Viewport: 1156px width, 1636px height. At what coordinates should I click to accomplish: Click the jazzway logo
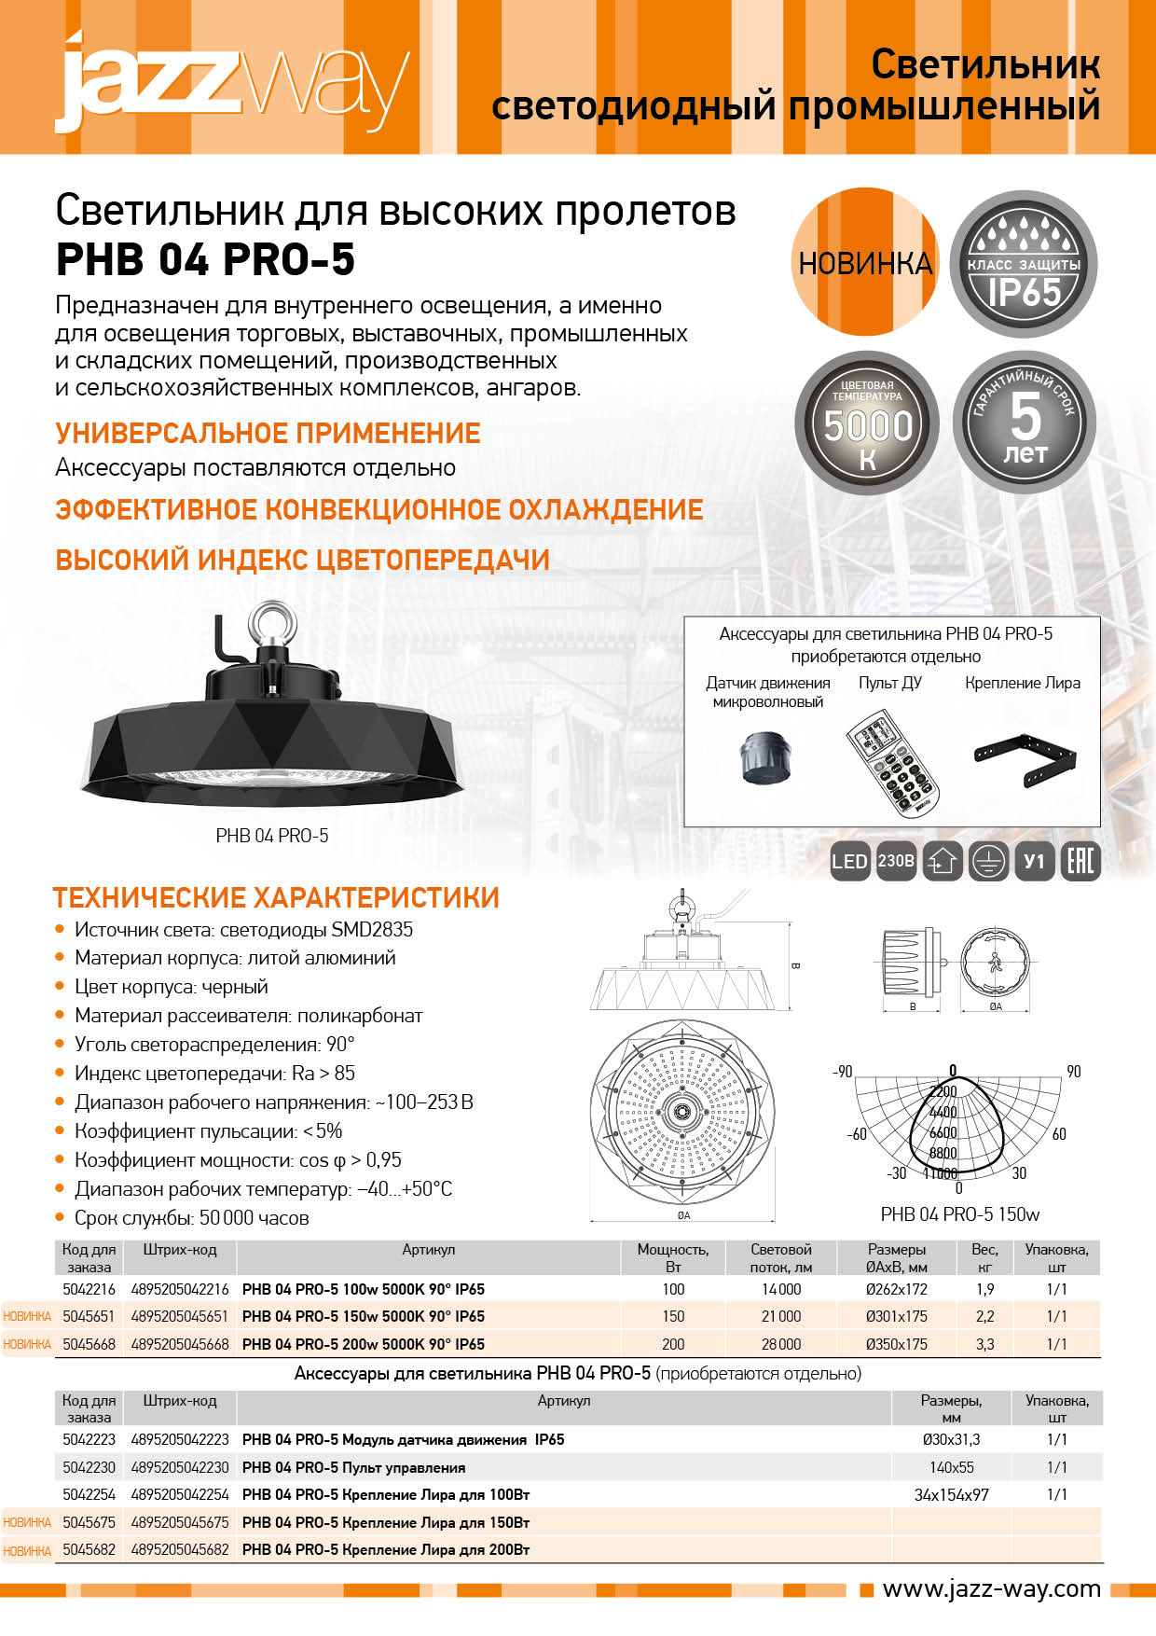233,82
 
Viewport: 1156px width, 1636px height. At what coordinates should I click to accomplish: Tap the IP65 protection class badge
1024,264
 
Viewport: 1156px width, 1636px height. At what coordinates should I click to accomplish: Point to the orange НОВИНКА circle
864,263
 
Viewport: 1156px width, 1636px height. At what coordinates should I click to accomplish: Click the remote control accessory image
893,758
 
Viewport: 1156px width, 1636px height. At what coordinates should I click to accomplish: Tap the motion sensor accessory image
765,756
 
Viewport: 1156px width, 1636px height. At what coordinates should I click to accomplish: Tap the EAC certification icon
1081,861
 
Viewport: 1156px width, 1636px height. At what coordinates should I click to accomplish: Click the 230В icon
896,861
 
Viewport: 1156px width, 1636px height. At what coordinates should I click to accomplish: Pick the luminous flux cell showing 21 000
781,1316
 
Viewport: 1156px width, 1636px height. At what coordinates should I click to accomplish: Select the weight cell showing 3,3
984,1344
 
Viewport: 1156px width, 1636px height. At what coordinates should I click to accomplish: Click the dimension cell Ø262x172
896,1289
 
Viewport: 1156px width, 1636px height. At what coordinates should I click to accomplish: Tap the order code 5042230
89,1467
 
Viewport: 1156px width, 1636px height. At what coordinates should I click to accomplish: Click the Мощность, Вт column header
672,1257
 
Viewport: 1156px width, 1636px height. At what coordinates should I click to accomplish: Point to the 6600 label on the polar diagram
943,1132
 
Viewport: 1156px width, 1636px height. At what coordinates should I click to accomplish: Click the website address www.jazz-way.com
991,1589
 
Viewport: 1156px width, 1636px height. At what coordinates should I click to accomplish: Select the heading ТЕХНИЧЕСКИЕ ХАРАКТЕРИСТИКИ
276,897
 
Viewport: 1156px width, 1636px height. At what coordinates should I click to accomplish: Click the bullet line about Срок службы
191,1217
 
